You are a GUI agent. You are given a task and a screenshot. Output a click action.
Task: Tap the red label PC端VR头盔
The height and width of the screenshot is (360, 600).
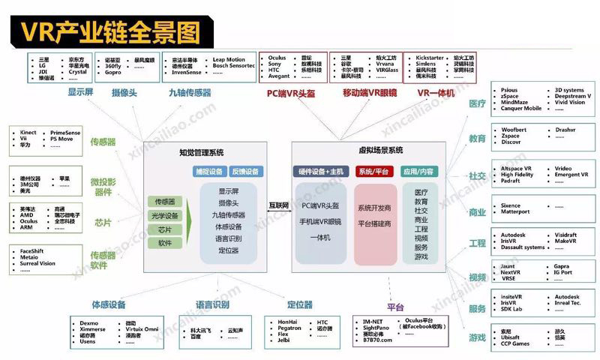(292, 93)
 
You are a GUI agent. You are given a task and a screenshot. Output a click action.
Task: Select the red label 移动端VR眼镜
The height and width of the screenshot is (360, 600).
(368, 93)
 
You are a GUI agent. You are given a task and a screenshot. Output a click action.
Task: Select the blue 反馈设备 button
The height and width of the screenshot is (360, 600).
(243, 172)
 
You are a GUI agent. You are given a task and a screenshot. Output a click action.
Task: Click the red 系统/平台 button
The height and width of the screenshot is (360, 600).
(372, 172)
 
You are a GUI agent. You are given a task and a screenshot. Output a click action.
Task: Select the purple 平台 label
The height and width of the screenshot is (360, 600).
(396, 307)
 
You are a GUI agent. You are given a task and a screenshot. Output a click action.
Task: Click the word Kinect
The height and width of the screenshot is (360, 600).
(28, 133)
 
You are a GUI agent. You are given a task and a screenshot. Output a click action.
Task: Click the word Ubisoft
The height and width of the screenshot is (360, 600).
(511, 337)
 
